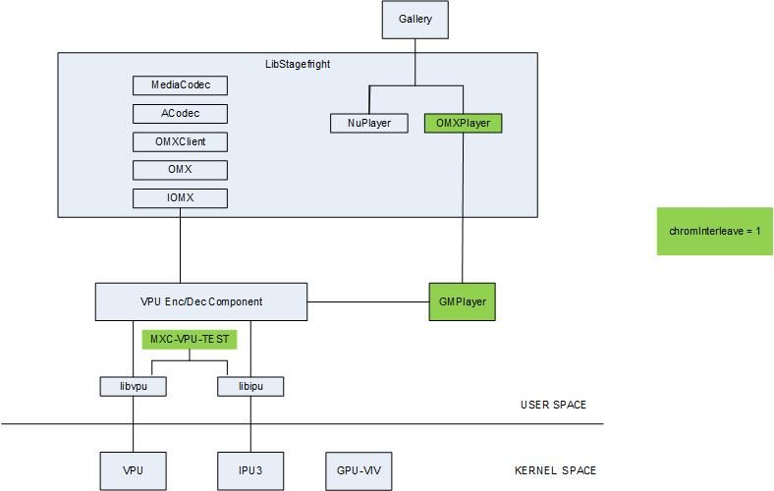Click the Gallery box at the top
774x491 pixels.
tap(415, 20)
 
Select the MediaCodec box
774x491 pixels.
tap(181, 85)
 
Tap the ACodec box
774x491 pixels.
tap(181, 114)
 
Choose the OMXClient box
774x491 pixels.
tap(181, 142)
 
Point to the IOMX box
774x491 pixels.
tap(181, 199)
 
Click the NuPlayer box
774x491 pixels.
tap(369, 124)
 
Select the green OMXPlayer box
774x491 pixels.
tap(463, 124)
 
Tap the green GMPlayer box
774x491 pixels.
tap(463, 301)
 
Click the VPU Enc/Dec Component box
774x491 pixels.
tap(201, 301)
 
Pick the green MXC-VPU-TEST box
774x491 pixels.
tap(190, 340)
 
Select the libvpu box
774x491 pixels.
tap(133, 387)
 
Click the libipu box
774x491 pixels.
tap(250, 387)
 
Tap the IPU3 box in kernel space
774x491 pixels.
tap(250, 471)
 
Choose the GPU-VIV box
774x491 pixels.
tap(359, 471)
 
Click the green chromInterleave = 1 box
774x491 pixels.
tap(715, 232)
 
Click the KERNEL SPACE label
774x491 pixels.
tap(555, 470)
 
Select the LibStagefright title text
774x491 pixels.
tap(298, 64)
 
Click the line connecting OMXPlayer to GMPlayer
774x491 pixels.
tap(463, 206)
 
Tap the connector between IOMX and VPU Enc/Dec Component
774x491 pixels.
tap(181, 245)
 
